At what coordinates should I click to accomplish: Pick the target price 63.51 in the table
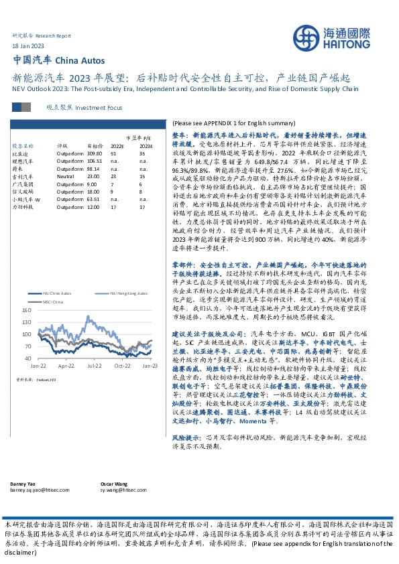tap(95, 199)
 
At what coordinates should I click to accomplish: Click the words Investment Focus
tap(100, 107)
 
